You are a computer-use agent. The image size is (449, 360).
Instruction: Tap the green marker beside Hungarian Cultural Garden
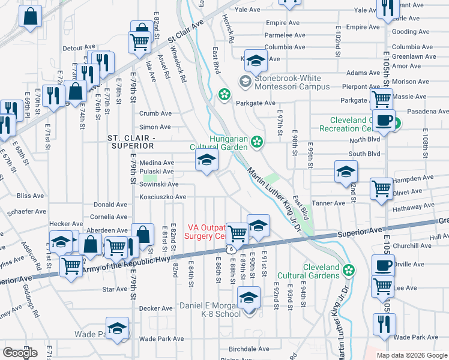(x=257, y=142)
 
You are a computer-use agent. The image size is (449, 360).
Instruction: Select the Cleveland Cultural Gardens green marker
(x=348, y=271)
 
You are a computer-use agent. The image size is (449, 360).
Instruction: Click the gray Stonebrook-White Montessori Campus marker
(x=246, y=81)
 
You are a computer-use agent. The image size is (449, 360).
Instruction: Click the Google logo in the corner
(x=20, y=352)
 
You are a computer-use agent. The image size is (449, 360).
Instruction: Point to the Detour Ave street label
(x=79, y=47)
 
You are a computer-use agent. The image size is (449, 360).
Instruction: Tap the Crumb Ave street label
(x=155, y=113)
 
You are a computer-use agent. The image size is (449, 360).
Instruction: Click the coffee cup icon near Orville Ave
(x=382, y=265)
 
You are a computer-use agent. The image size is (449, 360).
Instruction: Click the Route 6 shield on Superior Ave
(x=230, y=248)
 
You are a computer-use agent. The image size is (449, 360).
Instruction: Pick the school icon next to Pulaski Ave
(x=206, y=161)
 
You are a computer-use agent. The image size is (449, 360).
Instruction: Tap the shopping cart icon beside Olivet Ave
(x=381, y=188)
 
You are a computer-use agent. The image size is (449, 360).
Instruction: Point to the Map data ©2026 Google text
(x=412, y=355)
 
